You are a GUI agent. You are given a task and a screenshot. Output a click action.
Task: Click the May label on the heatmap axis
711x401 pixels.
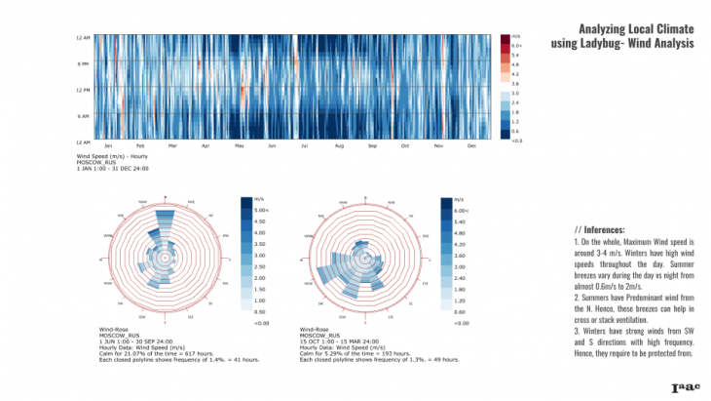240,145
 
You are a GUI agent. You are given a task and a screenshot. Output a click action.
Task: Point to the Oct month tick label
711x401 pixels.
405,145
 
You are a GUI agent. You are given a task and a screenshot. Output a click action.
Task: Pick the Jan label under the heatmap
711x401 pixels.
109,145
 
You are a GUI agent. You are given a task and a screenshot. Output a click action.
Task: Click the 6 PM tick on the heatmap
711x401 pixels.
84,63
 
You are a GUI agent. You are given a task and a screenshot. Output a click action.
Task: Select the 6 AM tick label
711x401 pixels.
84,116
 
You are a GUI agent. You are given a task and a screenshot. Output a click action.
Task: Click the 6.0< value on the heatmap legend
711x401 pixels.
517,46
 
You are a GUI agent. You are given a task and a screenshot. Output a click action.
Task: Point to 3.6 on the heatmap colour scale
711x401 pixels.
515,84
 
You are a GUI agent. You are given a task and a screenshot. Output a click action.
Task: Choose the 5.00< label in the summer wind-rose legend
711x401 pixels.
261,210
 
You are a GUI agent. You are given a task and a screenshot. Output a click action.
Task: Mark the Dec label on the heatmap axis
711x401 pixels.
471,145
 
